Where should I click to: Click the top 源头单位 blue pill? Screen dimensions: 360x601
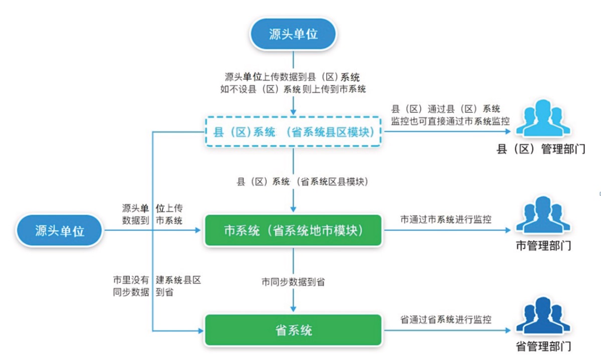pyautogui.click(x=293, y=35)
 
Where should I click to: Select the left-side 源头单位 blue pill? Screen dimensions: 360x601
pyautogui.click(x=60, y=231)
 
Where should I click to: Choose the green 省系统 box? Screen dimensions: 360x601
pyautogui.click(x=293, y=330)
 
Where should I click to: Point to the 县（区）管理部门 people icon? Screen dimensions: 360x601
pyautogui.click(x=543, y=119)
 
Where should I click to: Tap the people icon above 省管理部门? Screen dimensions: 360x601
pyautogui.click(x=543, y=315)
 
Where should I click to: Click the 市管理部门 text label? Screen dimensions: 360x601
pyautogui.click(x=543, y=246)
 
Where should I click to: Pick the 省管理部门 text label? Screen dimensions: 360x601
pyautogui.click(x=543, y=346)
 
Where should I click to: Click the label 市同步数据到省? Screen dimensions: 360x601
pyautogui.click(x=293, y=282)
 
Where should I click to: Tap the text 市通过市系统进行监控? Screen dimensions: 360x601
pyautogui.click(x=445, y=220)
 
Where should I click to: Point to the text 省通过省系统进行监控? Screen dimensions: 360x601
pyautogui.click(x=445, y=319)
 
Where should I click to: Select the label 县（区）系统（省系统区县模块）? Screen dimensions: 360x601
pyautogui.click(x=302, y=182)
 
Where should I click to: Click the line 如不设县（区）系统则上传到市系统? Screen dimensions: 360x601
pyautogui.click(x=293, y=89)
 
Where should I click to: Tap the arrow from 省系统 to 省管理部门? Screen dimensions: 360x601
pyautogui.click(x=446, y=330)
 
